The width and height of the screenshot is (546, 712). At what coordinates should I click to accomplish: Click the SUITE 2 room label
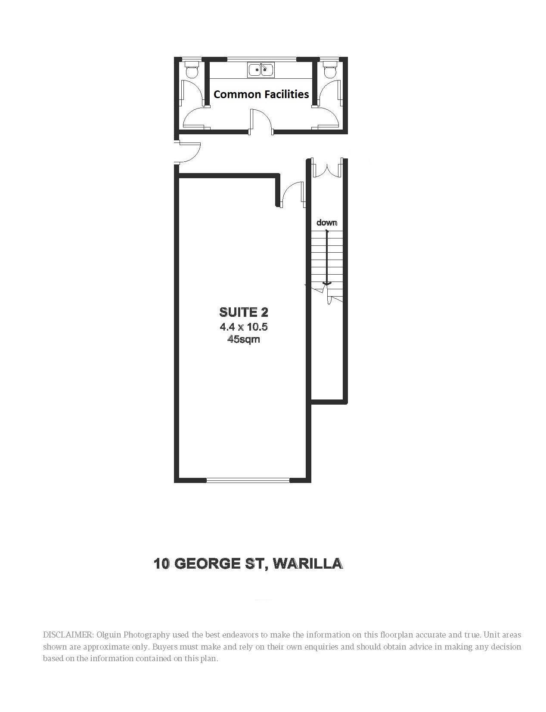point(244,312)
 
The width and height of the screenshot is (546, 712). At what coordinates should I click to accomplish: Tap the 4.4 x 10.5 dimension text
point(244,327)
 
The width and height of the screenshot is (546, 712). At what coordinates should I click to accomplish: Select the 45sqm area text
point(244,339)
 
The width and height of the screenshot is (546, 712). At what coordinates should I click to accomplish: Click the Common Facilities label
point(261,94)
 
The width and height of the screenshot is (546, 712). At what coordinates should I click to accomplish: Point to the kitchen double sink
point(261,70)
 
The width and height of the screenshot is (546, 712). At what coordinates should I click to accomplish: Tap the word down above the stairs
point(327,223)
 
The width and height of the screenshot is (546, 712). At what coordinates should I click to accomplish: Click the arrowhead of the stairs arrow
point(327,284)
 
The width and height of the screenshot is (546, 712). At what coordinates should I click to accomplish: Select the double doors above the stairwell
point(327,168)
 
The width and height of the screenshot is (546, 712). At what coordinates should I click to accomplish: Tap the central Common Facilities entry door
point(261,121)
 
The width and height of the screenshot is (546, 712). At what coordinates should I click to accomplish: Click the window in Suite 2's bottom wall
point(248,480)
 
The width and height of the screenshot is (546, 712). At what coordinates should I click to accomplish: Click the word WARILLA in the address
point(308,563)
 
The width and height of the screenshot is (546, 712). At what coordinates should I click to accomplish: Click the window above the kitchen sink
point(262,59)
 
